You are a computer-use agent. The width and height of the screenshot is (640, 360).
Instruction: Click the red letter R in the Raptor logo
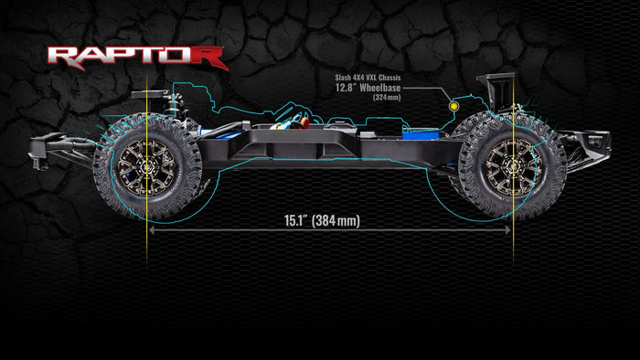coord(208,58)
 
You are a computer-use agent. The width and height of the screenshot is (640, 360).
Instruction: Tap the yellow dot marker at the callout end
coord(453,106)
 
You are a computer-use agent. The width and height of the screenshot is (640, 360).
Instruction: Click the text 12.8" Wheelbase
coord(368,88)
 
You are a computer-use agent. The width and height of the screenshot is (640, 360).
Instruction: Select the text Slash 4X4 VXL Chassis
coord(368,78)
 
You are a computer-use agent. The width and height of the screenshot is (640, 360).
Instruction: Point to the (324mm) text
coord(387,98)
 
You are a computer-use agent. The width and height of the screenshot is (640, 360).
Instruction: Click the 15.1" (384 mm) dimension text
coord(322,220)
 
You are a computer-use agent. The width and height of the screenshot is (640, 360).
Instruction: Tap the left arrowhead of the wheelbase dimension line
coord(152,230)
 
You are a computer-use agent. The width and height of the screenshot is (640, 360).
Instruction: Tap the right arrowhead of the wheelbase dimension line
coord(507,230)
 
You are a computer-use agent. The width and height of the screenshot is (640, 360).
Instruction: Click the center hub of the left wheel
coord(147,167)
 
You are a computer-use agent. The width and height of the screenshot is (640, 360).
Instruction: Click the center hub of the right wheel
coord(514,167)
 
